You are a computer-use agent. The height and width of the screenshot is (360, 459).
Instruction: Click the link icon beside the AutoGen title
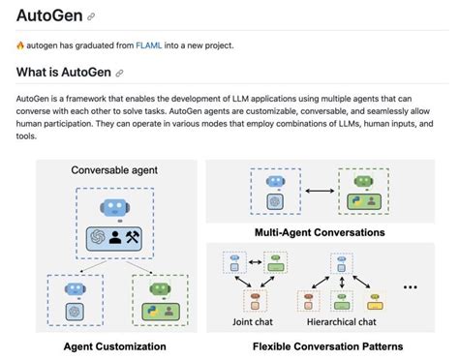pyautogui.click(x=91, y=16)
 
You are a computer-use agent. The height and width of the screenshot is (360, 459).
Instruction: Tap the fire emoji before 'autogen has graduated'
pyautogui.click(x=21, y=45)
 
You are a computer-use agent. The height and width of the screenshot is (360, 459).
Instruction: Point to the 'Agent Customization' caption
pyautogui.click(x=114, y=346)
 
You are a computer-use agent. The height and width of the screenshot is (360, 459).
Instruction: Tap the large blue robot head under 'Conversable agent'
pyautogui.click(x=115, y=207)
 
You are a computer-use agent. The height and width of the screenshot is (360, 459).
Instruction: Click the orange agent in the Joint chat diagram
pyautogui.click(x=256, y=298)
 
